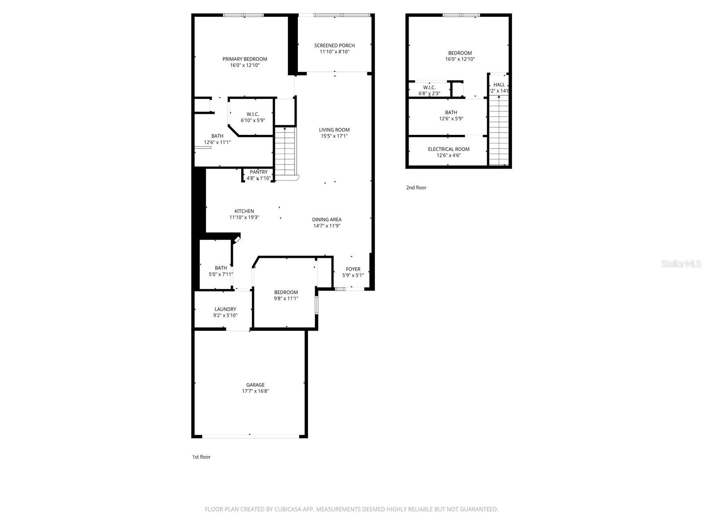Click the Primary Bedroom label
tap(245, 59)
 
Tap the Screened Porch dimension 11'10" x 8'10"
tap(334, 52)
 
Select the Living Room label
tap(334, 130)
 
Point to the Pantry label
tap(258, 172)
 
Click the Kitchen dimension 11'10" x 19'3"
tap(244, 217)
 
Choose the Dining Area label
tap(327, 220)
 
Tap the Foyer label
tap(353, 269)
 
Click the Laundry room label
tap(225, 310)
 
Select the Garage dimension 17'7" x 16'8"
tap(255, 391)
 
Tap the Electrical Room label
tap(449, 149)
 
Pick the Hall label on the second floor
tap(499, 85)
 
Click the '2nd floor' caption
tap(416, 188)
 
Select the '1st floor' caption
tap(201, 457)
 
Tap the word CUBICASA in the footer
tap(288, 509)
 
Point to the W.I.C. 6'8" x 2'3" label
tap(429, 90)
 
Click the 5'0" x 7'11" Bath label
tap(221, 271)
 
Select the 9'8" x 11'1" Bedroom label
tap(286, 295)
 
